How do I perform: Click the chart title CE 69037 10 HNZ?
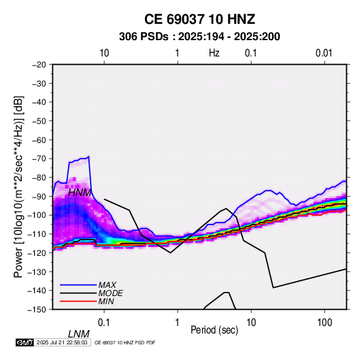point(199,19)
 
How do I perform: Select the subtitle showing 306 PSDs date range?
point(199,37)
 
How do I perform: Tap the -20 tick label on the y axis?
point(39,65)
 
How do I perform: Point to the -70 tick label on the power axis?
point(39,159)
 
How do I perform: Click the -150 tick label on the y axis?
point(37,310)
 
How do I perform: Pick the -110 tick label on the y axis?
point(37,234)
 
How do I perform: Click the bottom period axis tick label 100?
point(325,323)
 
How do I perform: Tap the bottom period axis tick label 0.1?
point(104,323)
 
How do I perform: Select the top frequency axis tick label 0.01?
point(324,53)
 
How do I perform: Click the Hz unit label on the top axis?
point(214,53)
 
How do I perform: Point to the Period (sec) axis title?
point(214,330)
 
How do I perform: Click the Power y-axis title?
point(18,187)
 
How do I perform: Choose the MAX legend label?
point(107,285)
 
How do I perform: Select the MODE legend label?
point(110,293)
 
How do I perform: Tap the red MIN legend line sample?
point(78,301)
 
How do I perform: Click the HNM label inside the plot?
point(80,193)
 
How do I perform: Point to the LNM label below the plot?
point(79,334)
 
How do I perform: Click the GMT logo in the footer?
point(24,342)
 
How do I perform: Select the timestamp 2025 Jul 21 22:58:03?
point(62,342)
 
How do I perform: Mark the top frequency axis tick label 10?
point(104,53)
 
